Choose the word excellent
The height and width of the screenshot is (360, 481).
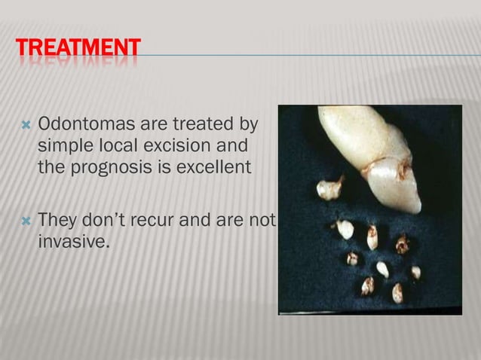[x=210, y=165]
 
